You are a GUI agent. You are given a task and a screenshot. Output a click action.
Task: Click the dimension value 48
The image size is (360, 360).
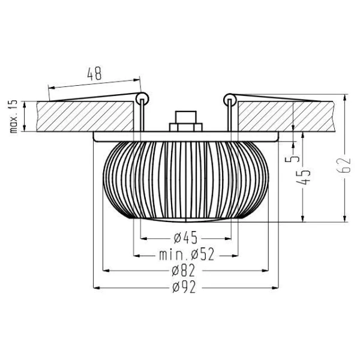(x=94, y=74)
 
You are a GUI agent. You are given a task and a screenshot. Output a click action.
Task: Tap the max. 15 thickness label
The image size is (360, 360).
(x=13, y=116)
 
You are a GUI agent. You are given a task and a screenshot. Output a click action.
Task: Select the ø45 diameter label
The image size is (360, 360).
(x=184, y=235)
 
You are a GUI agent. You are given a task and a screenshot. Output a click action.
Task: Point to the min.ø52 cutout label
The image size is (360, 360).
(x=187, y=255)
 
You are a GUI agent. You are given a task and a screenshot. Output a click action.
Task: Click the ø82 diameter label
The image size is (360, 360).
(x=184, y=271)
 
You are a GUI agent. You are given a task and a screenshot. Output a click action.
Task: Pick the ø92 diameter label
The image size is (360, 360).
(x=184, y=288)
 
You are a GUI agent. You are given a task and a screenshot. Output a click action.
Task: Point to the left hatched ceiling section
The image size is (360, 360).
(x=84, y=116)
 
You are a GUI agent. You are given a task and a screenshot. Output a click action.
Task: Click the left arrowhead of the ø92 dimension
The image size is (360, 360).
(x=96, y=288)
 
